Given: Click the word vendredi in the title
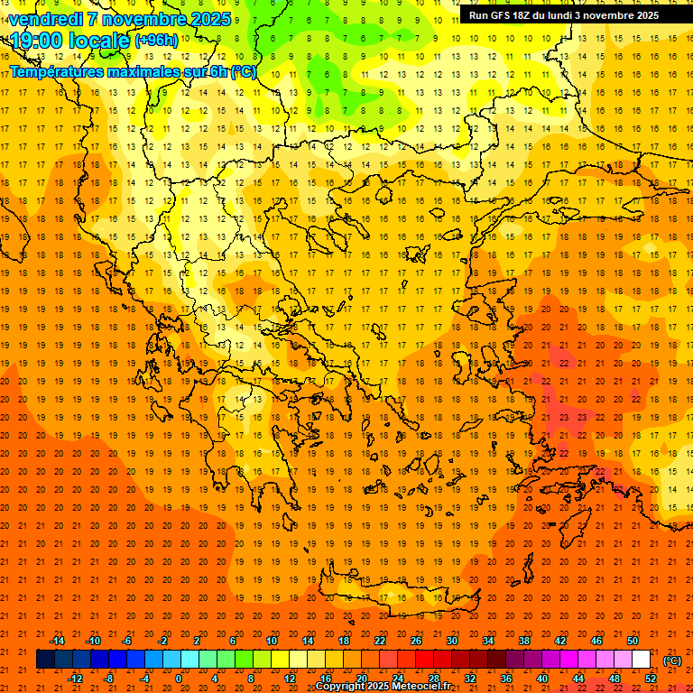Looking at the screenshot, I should pos(46,19).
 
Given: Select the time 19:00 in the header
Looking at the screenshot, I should pos(36,41).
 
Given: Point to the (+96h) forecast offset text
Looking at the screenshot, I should pos(156,41).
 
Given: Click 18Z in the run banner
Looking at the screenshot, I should pos(529,15).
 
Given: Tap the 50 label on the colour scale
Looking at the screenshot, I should pos(633,641).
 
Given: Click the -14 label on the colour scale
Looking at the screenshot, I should pos(58,641).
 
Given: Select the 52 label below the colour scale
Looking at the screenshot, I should pos(651,679).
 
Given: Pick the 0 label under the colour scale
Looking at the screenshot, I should pos(179,679).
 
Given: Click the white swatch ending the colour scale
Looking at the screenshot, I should pos(642,660).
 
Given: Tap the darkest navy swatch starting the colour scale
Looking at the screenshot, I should pos(45,660).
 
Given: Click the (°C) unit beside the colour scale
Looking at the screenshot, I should pos(672,661).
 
